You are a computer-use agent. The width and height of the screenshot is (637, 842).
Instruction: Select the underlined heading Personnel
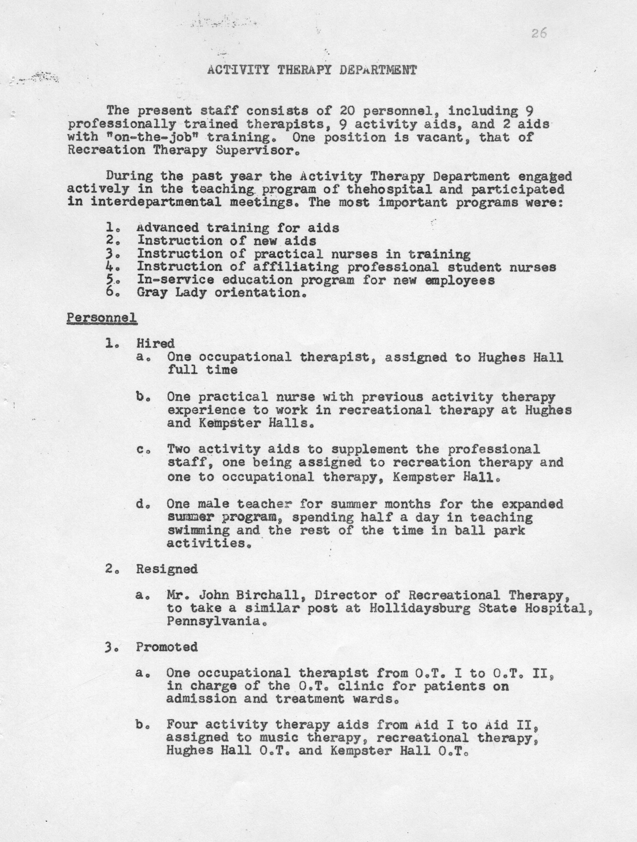[x=102, y=318]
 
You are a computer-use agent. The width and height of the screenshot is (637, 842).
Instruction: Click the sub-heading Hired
[x=156, y=344]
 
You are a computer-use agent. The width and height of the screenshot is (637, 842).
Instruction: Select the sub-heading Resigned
[x=167, y=569]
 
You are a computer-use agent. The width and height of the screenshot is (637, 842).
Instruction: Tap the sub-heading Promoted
[x=167, y=647]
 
